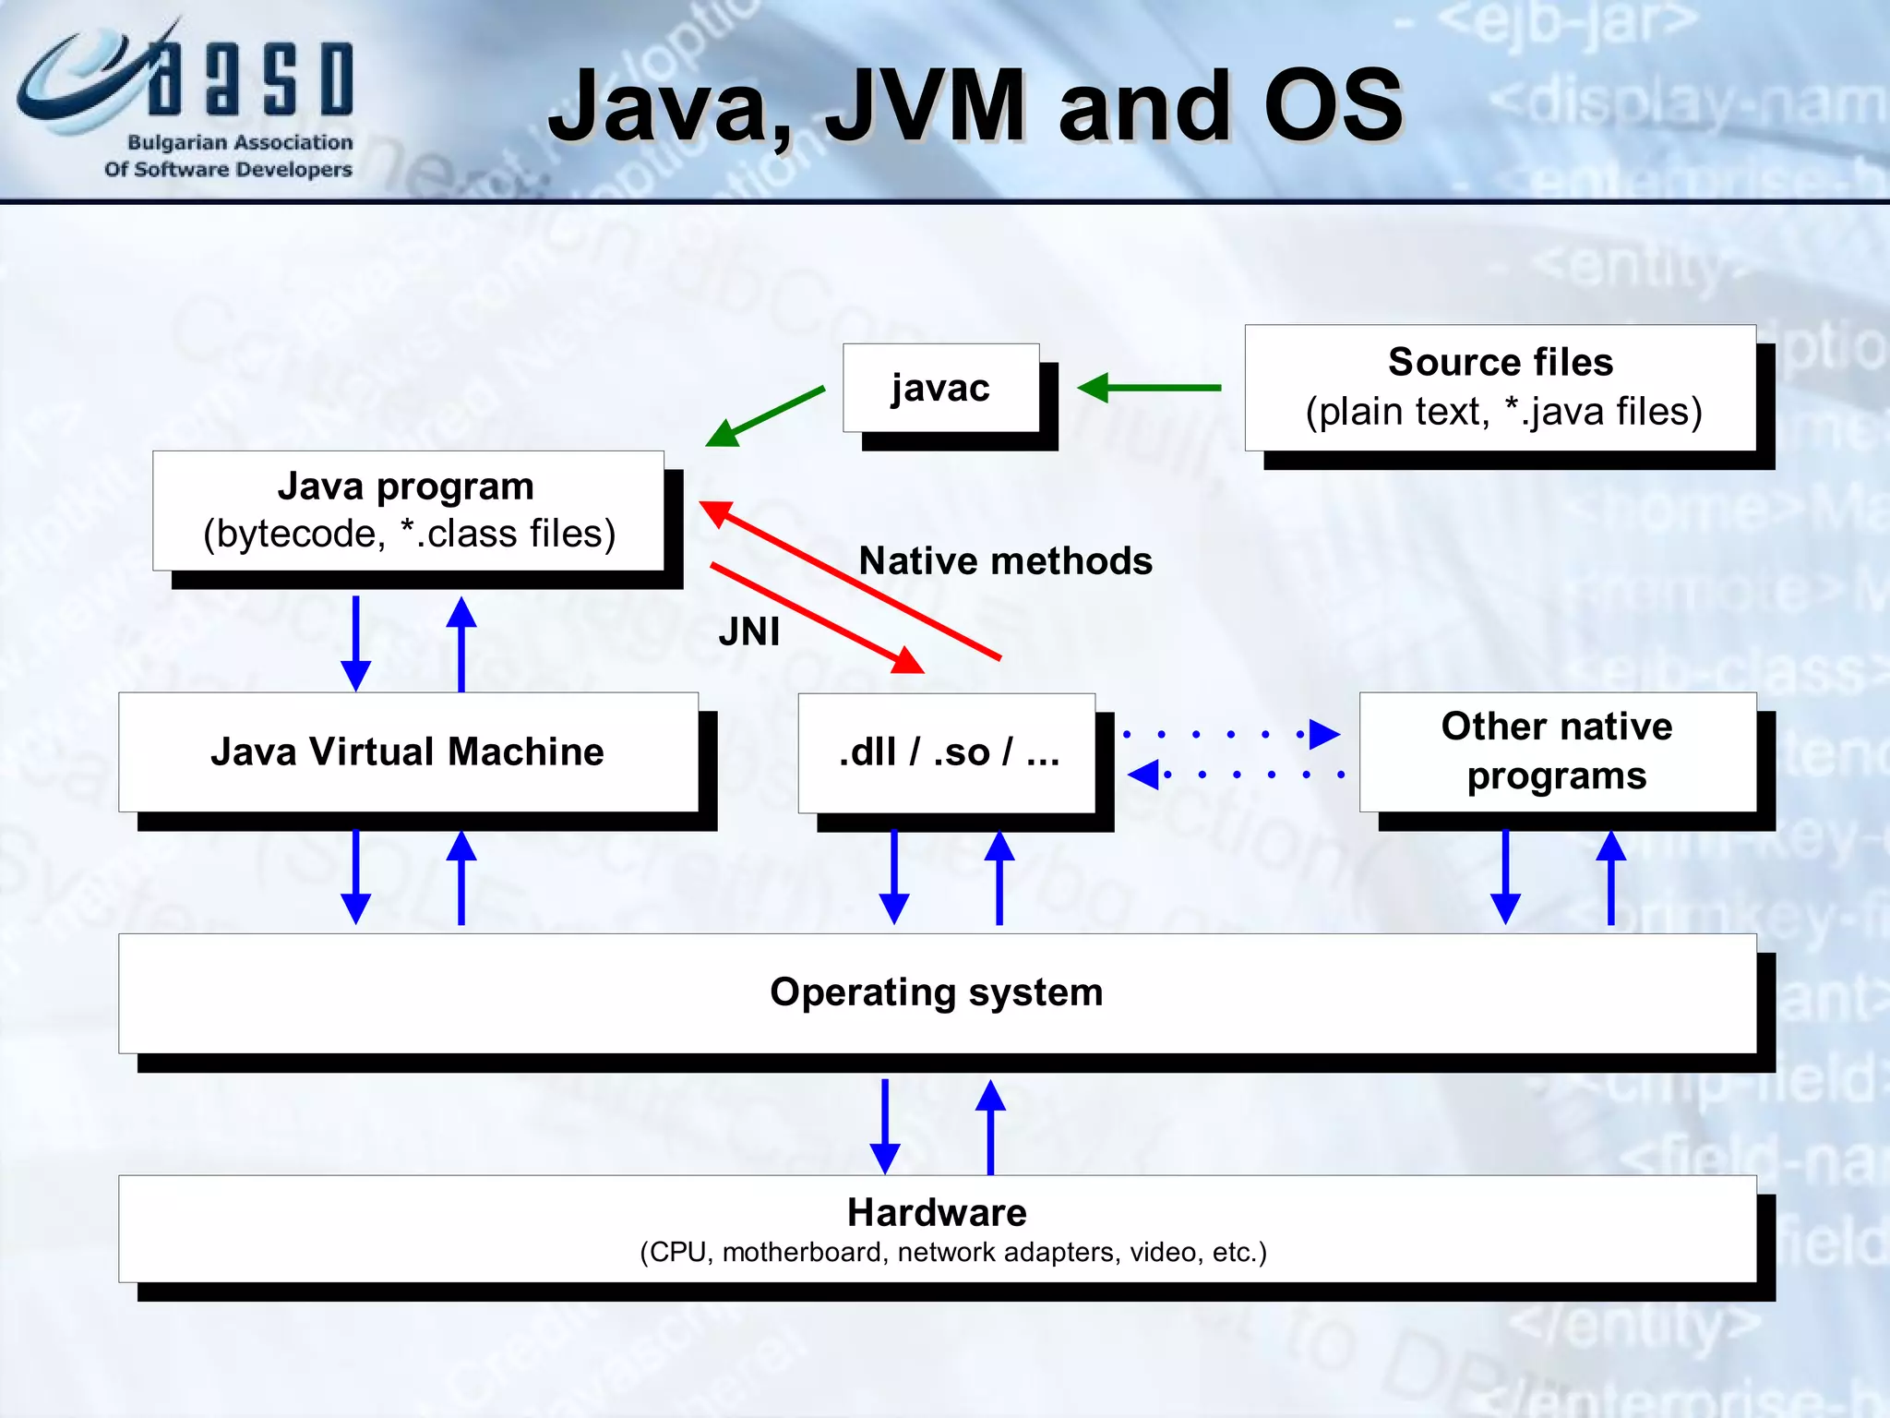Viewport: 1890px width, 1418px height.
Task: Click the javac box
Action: (940, 388)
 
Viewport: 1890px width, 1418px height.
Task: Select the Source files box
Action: (1500, 388)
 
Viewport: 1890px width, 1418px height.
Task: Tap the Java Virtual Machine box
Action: (408, 751)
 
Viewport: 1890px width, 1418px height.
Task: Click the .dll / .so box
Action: (947, 752)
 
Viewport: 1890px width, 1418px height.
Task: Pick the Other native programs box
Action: (1557, 751)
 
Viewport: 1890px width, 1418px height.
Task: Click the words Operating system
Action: (936, 992)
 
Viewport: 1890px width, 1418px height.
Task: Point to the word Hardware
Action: (936, 1212)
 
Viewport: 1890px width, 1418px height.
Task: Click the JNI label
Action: (749, 632)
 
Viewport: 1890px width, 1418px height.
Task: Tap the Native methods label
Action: (1005, 561)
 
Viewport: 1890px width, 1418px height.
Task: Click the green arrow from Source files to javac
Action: (1149, 388)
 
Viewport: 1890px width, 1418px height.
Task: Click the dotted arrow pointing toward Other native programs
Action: (1232, 735)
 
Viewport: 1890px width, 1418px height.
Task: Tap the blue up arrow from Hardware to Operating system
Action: (990, 1126)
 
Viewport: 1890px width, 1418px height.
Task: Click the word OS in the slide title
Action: (1333, 106)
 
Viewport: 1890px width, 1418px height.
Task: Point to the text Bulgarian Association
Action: (240, 142)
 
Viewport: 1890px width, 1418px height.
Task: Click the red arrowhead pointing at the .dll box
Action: (907, 660)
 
